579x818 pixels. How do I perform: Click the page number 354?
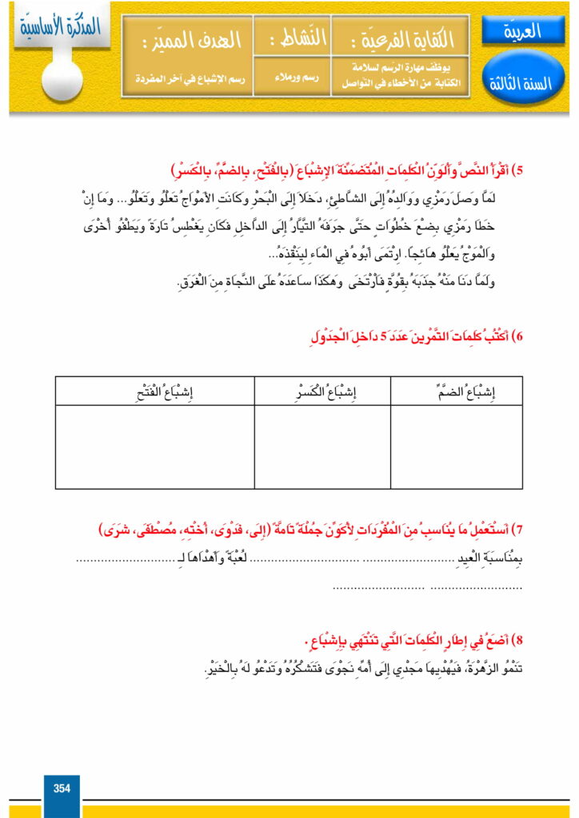62,788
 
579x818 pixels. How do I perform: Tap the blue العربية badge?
524,31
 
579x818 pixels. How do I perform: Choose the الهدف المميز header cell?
187,37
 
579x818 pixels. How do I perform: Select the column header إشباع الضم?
457,391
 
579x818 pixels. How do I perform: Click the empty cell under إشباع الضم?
457,447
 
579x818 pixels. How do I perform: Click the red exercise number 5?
520,171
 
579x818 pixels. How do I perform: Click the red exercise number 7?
520,531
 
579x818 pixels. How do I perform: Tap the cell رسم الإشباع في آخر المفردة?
187,79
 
